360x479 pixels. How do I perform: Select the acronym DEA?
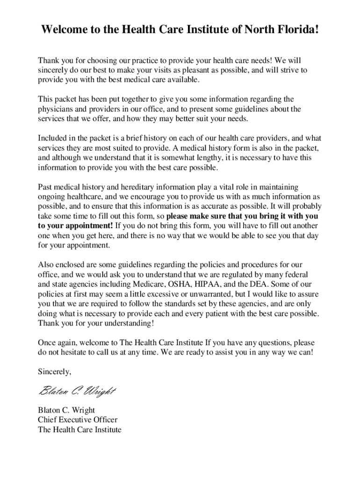coord(256,284)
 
